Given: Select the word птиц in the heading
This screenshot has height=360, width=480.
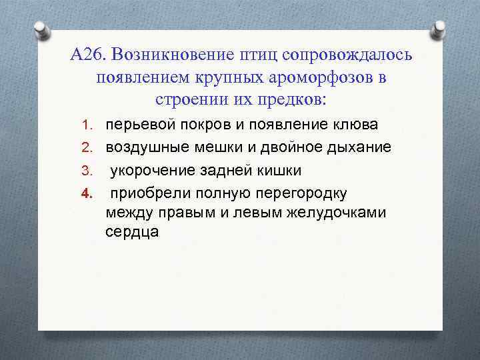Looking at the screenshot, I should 259,54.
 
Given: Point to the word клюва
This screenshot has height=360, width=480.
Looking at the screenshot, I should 340,125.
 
